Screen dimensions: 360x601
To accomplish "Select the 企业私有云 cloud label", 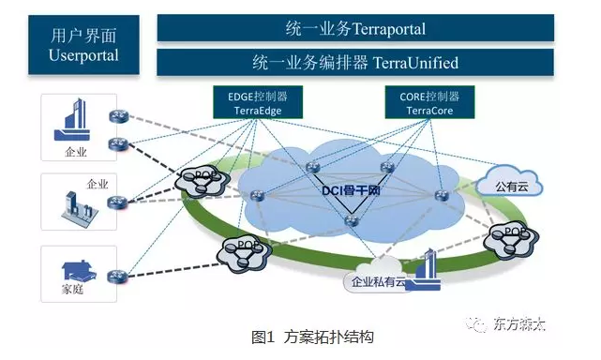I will [380, 279].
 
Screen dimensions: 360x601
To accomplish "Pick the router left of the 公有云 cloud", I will [442, 194].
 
